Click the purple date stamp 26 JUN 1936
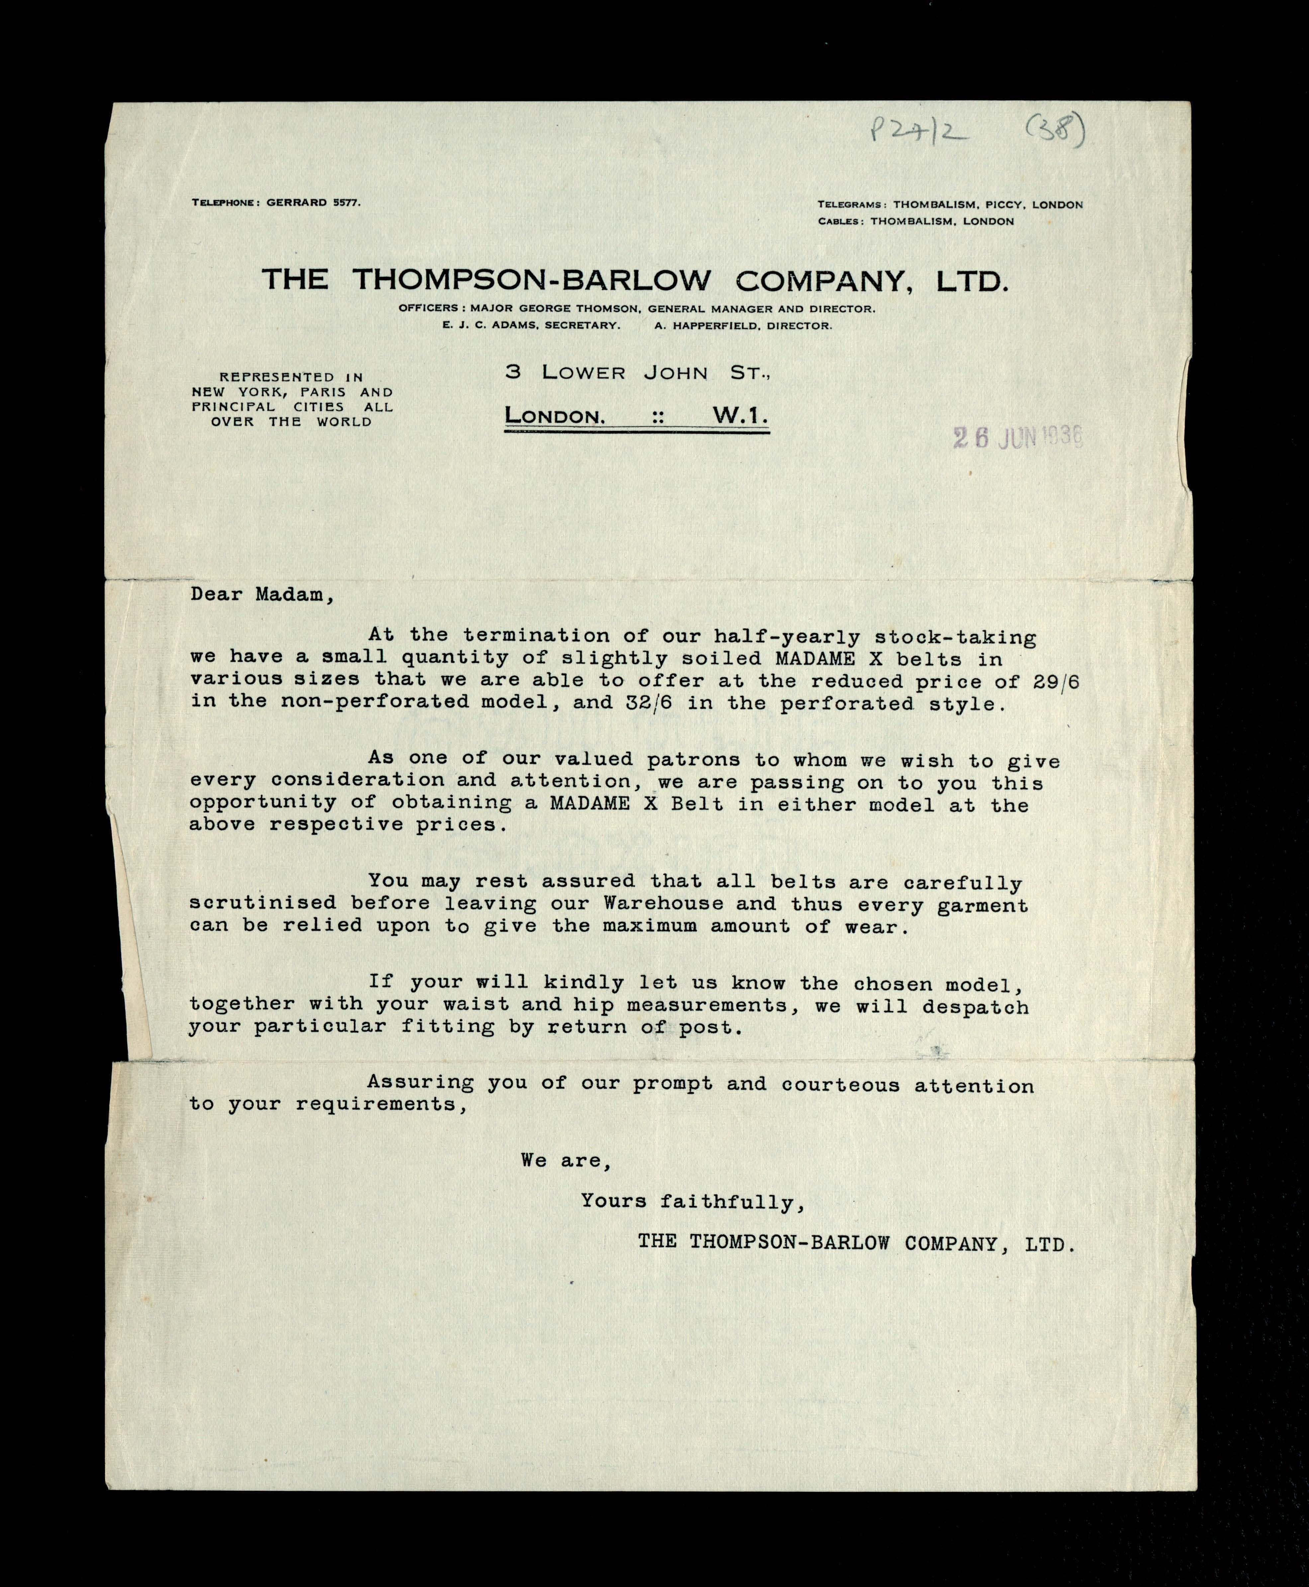click(1018, 437)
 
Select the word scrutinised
click(262, 902)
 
